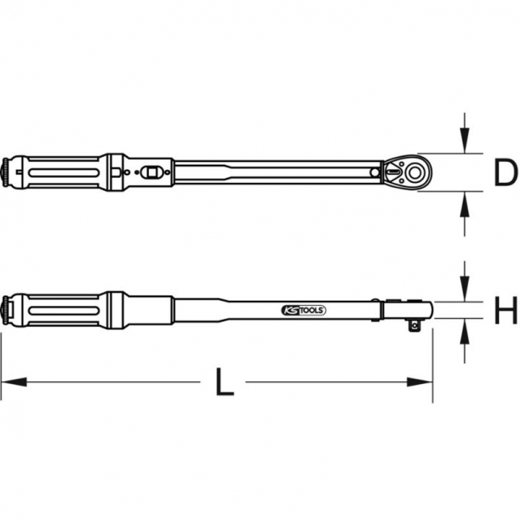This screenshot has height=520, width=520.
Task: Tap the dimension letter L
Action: [224, 382]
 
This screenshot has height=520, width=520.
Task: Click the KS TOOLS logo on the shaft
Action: [302, 309]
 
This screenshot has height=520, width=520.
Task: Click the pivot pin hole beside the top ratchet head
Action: [375, 173]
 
